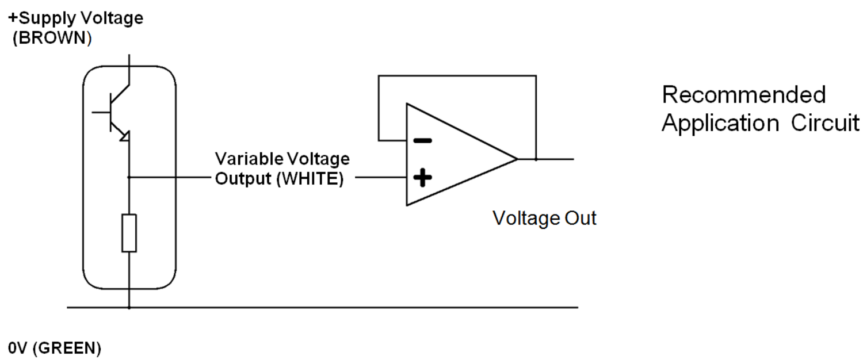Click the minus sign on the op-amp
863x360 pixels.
423,140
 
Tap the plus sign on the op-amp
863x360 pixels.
423,178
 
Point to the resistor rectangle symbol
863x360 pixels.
129,233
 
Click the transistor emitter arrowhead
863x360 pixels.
125,136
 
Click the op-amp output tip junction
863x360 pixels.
536,159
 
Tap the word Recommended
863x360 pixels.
743,95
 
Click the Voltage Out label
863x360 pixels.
544,219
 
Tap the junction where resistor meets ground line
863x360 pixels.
129,308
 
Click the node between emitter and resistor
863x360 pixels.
129,178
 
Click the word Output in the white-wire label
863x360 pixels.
243,179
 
